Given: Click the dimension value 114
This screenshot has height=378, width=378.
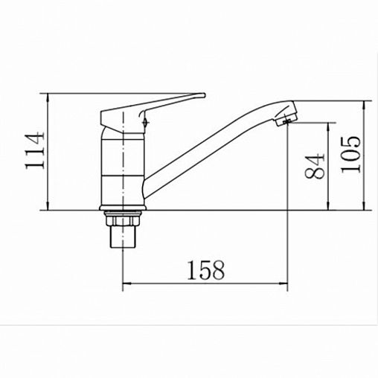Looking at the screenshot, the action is pos(35,150).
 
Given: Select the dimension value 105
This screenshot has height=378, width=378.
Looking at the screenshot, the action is pos(350,154).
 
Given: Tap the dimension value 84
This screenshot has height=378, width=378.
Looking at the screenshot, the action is pos(315,166).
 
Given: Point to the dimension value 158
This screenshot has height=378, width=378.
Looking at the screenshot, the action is pos(206,270).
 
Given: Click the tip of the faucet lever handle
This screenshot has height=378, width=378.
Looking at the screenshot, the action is pos(205,95).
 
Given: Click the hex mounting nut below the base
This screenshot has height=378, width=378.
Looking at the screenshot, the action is pos(123,219).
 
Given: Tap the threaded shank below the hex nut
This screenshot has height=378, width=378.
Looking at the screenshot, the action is pos(123,237).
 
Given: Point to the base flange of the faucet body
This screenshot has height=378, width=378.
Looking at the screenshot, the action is pos(123,208).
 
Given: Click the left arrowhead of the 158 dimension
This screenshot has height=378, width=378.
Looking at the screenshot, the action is pos(126,283).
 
